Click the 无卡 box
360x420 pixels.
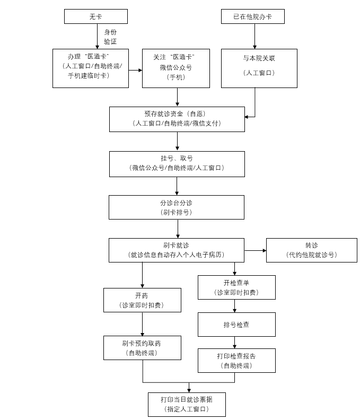click(95, 16)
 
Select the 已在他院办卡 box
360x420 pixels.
click(252, 16)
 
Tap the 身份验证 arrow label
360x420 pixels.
click(110, 37)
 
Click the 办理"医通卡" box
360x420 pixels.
click(91, 68)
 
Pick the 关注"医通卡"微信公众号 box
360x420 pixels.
click(175, 68)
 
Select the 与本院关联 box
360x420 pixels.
click(259, 68)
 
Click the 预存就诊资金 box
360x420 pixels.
click(177, 119)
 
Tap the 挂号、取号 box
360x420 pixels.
click(177, 163)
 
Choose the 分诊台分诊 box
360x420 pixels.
click(176, 207)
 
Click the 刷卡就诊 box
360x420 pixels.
click(176, 250)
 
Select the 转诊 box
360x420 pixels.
click(311, 250)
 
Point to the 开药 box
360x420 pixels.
click(142, 300)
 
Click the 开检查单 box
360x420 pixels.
click(236, 287)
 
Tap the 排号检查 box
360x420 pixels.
click(236, 324)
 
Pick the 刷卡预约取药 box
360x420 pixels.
click(142, 347)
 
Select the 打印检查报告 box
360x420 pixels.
click(236, 360)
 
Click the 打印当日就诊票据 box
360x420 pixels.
click(187, 404)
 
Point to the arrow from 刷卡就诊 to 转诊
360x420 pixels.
click(255, 250)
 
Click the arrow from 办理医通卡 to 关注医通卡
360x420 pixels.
click(135, 70)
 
